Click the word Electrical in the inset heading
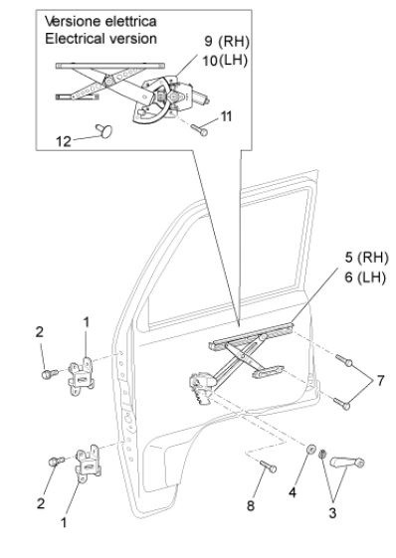tap(73, 39)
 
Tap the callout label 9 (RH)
tap(227, 42)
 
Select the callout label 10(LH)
tap(225, 61)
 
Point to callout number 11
tap(226, 116)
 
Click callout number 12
tap(64, 141)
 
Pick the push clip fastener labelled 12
tap(104, 130)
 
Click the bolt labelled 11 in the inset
tap(199, 130)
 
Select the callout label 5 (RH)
tap(366, 258)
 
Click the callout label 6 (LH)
tap(365, 278)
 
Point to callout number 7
tap(381, 380)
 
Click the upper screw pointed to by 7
tap(344, 360)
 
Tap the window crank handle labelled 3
tap(347, 463)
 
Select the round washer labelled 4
tap(311, 450)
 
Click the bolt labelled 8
tap(268, 466)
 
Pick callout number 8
tap(251, 505)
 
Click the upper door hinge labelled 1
tap(82, 377)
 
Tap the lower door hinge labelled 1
tap(89, 464)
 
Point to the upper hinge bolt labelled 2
tap(50, 374)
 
